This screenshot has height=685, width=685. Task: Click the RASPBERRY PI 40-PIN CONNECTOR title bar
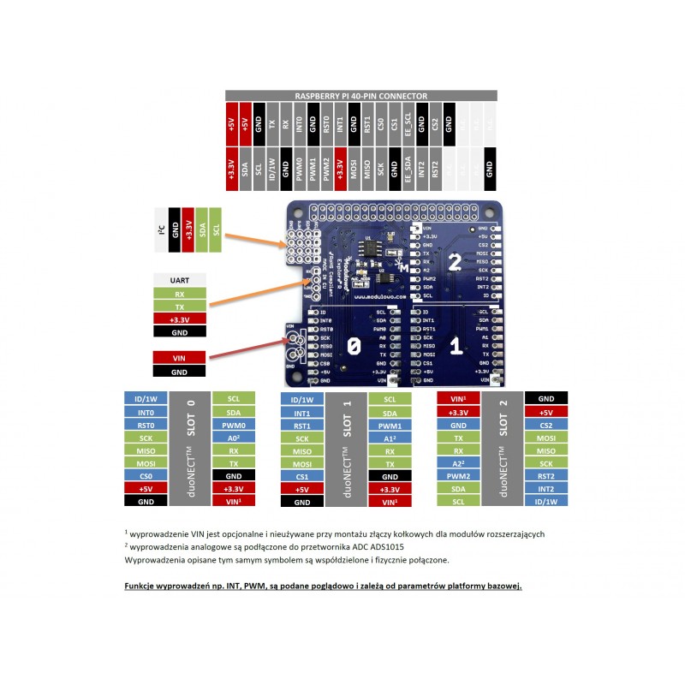tap(360, 97)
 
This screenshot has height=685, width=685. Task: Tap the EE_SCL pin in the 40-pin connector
tap(408, 124)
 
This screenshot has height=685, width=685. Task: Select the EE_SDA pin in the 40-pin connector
tap(408, 165)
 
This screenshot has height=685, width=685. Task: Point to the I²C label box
tap(161, 229)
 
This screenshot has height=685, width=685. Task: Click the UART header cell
tap(179, 280)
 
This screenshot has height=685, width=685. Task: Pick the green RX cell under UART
tap(179, 293)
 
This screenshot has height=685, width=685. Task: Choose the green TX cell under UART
tap(179, 306)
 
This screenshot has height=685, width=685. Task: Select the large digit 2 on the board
tap(455, 262)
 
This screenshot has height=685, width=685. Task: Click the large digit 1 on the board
tap(456, 346)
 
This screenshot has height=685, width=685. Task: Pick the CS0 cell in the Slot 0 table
tap(146, 476)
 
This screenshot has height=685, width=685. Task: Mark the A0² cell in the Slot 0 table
tap(233, 438)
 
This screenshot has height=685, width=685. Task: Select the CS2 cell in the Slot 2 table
tap(545, 425)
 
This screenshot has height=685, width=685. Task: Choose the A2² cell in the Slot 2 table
tap(458, 463)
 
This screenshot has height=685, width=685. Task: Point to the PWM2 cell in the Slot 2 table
tap(458, 476)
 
